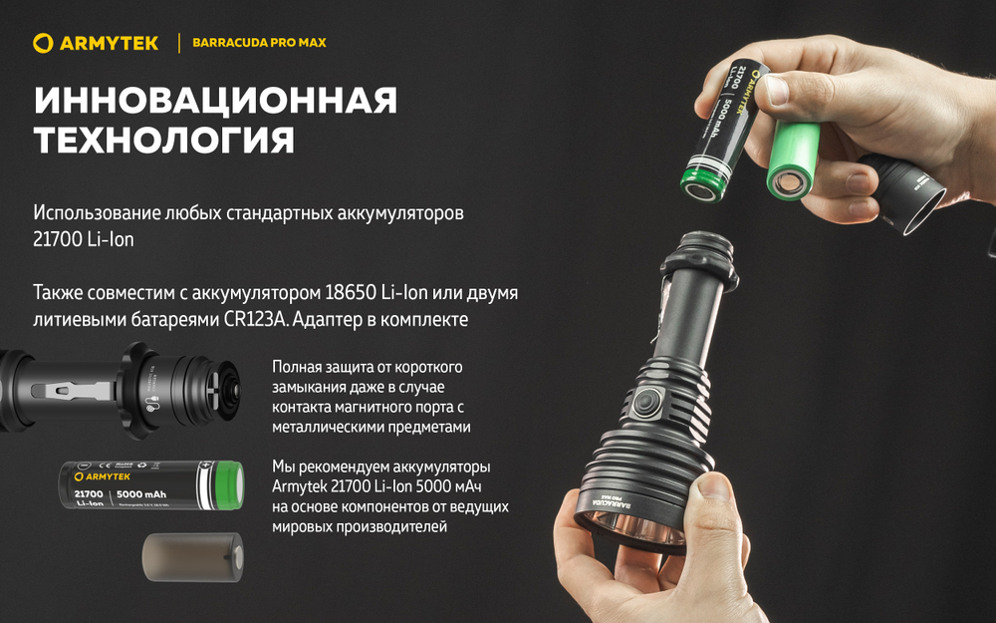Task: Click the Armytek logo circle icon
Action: click(x=42, y=43)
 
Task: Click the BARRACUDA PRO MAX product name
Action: click(x=259, y=43)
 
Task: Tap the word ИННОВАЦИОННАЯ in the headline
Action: click(x=215, y=101)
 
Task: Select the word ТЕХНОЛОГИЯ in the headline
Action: click(x=164, y=141)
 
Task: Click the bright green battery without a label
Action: click(x=794, y=159)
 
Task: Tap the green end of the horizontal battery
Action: click(x=226, y=485)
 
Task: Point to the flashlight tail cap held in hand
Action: click(x=902, y=189)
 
